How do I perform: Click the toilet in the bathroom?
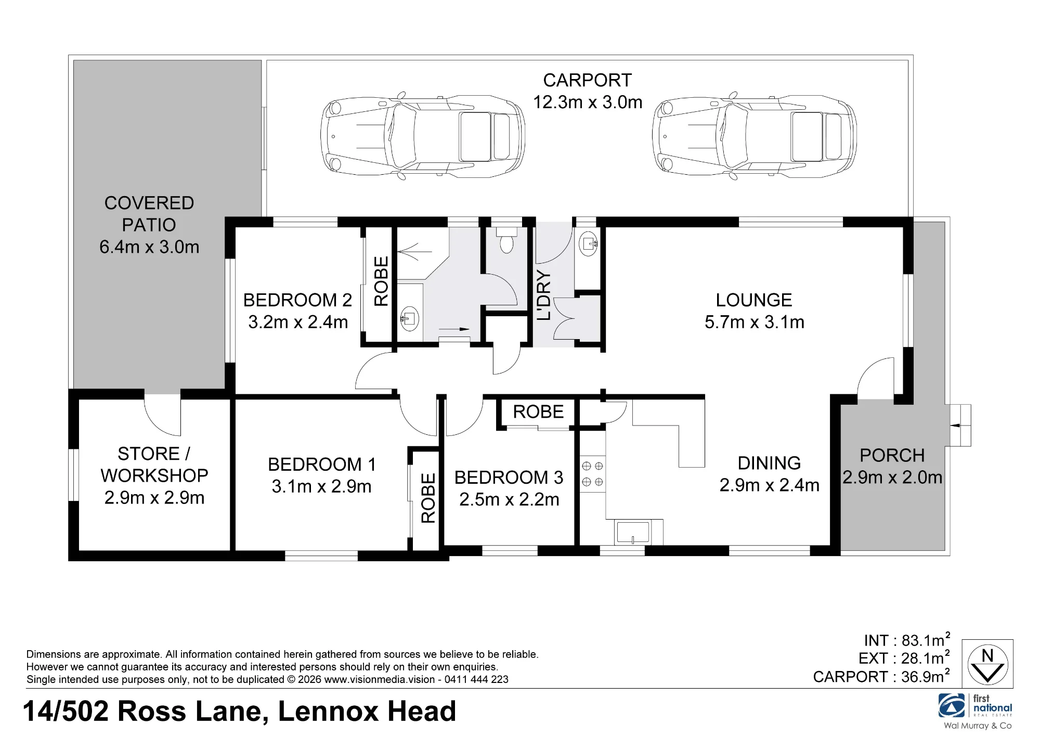click(x=507, y=240)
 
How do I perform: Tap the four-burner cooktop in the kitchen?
click(x=592, y=474)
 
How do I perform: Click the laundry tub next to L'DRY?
click(x=589, y=243)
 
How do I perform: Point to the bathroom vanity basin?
click(x=410, y=318)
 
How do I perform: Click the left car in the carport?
click(x=423, y=137)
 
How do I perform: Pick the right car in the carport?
click(x=755, y=137)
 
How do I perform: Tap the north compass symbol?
click(x=987, y=664)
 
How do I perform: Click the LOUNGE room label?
click(x=754, y=300)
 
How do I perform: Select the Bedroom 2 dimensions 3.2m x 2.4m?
click(x=298, y=322)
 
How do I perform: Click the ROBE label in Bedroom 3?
click(x=538, y=412)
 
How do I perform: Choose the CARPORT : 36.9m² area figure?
click(x=882, y=676)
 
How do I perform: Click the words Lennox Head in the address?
click(x=367, y=711)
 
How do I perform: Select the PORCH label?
click(x=892, y=455)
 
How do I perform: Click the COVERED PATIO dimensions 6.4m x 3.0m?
click(x=149, y=247)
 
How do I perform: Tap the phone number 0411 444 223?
click(x=476, y=679)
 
